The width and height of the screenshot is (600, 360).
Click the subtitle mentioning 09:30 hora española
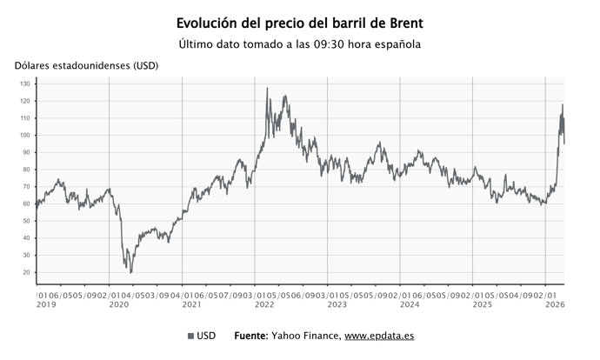click(x=300, y=44)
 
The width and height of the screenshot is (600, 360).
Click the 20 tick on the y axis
click(x=26, y=272)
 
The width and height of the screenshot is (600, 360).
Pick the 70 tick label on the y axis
click(x=26, y=187)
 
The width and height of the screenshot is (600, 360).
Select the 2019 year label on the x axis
click(x=44, y=305)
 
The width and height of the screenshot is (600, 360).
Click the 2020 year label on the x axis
click(x=117, y=305)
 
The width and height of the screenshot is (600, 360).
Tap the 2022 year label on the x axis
click(x=263, y=305)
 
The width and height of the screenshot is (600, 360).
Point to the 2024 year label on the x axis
click(x=409, y=305)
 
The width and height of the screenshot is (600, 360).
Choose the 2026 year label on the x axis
click(x=554, y=305)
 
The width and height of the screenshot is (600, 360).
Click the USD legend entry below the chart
click(x=202, y=336)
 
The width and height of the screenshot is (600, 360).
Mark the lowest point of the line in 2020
click(x=131, y=272)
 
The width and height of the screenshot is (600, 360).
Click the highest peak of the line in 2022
click(x=267, y=89)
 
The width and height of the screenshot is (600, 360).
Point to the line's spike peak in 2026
click(x=563, y=105)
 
